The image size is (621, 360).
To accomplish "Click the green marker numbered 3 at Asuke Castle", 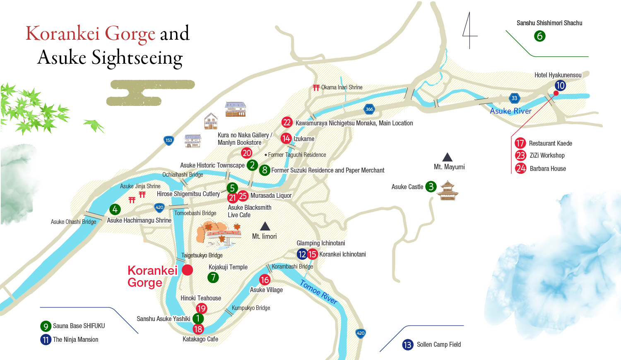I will click(x=431, y=187).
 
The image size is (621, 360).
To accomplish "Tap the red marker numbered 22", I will click(x=287, y=122).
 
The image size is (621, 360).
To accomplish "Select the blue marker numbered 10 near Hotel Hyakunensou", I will click(x=560, y=86).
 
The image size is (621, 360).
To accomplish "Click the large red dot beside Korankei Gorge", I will click(x=188, y=270).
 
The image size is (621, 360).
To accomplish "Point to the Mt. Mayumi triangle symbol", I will click(x=447, y=157).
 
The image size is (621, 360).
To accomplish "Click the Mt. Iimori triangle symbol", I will click(x=265, y=226).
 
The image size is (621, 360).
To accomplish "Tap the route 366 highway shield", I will click(x=369, y=109).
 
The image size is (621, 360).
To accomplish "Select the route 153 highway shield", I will click(x=168, y=140).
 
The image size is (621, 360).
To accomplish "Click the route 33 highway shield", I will click(x=514, y=98).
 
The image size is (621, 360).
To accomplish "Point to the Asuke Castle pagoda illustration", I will click(x=448, y=190).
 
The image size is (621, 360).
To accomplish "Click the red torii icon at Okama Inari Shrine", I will click(x=316, y=88).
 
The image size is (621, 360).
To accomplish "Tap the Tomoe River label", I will click(x=318, y=292).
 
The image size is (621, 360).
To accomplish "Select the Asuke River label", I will click(x=510, y=111).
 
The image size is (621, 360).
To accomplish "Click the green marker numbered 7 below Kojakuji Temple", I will click(x=213, y=277).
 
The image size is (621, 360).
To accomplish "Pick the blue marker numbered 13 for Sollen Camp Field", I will click(x=407, y=345).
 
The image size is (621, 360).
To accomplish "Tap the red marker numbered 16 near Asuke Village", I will click(x=265, y=280).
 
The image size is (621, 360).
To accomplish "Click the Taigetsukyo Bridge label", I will click(x=202, y=255).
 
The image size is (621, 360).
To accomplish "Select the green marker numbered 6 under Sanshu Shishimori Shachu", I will click(x=539, y=36).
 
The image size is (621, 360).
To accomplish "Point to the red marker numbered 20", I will click(x=247, y=153).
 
